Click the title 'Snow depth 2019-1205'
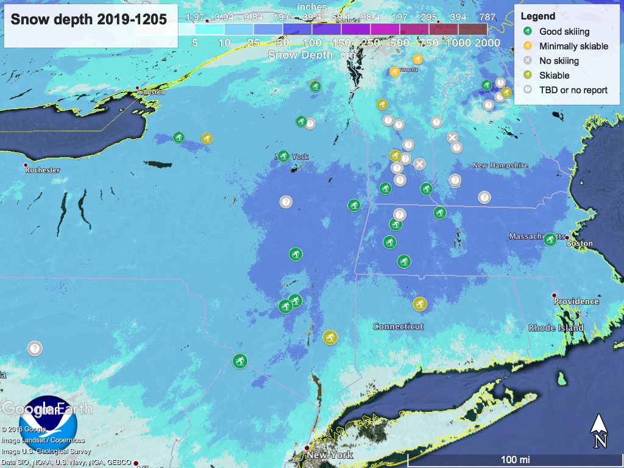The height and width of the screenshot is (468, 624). click(88, 19)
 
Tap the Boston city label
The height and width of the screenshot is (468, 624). click(580, 243)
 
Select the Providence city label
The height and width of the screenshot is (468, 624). click(576, 301)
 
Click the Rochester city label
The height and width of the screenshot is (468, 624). click(43, 170)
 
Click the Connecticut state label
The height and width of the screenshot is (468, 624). click(398, 327)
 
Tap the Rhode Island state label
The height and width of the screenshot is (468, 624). click(556, 328)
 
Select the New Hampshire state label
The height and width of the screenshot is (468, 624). click(499, 166)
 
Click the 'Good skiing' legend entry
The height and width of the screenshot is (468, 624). click(564, 31)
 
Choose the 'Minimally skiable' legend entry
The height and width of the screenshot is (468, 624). click(573, 46)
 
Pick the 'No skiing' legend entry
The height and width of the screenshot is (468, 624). click(559, 60)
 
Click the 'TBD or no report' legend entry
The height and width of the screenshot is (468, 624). click(573, 90)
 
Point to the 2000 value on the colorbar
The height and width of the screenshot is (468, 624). click(487, 43)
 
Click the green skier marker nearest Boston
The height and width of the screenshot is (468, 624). click(549, 239)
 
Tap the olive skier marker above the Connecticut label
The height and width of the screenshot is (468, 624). click(419, 303)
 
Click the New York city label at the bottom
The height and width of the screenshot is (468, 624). click(330, 455)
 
